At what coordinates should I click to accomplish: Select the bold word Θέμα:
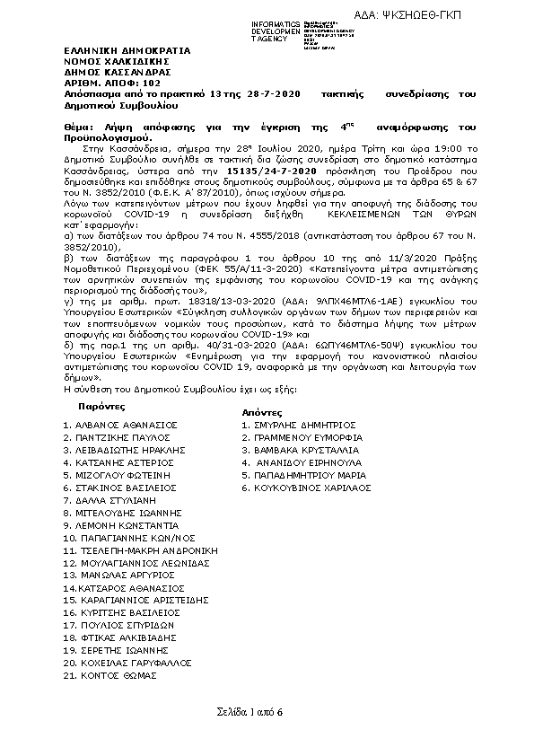pos(82,128)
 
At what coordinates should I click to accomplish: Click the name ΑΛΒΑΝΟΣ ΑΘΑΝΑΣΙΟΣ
pos(127,424)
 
